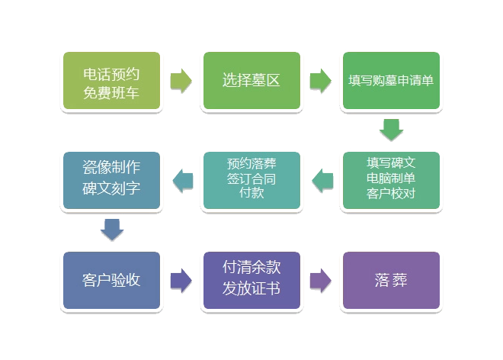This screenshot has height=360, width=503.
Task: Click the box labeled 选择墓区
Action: (251, 80)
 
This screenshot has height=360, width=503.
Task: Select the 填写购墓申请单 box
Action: (391, 80)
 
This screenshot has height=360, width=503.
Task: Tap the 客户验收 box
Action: (111, 280)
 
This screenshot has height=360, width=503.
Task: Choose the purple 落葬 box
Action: (391, 280)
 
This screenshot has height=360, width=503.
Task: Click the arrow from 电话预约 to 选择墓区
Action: (181, 80)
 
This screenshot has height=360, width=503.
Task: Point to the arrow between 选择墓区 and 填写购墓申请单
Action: (321, 80)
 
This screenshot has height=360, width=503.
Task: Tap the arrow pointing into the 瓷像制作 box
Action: (182, 180)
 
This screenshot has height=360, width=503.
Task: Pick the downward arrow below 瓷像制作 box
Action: (111, 230)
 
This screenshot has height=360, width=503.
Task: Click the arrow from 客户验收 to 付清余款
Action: (181, 280)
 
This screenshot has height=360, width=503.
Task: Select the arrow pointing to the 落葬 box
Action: (321, 280)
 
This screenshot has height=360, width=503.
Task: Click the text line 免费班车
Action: (111, 92)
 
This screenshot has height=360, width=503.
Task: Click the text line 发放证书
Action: (251, 289)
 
